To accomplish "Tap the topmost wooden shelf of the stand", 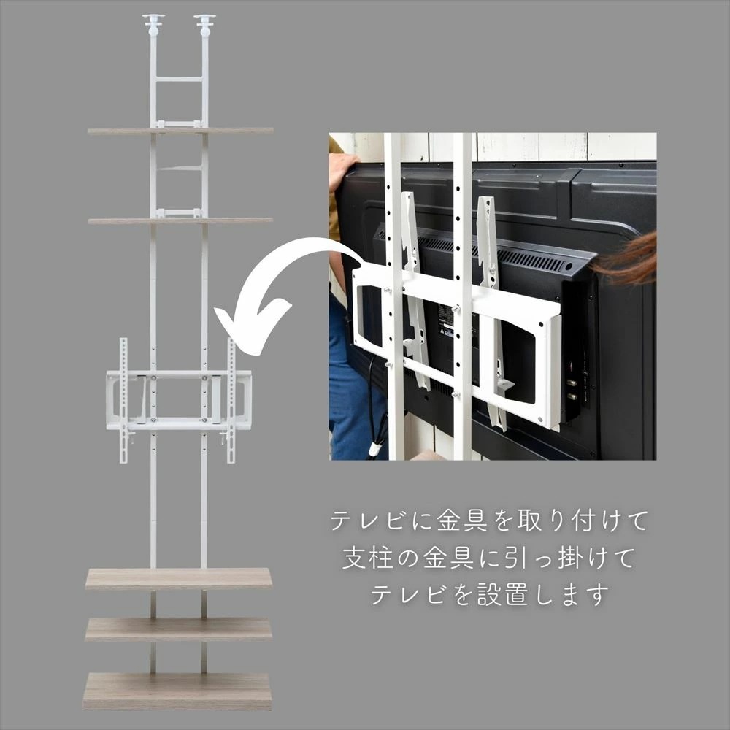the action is point(180,131).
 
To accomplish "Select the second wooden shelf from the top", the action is point(180,220).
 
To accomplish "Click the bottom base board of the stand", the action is point(177,691).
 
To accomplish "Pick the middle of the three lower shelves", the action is point(178,629).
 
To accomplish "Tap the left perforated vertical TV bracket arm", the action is point(123,400).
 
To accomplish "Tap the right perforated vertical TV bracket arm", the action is point(231,400).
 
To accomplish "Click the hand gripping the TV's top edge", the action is point(342,171).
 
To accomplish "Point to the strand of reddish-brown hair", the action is point(626,260).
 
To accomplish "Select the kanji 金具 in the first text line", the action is point(462,520).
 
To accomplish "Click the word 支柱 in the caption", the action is point(368,558).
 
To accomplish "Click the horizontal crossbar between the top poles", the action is point(179,79).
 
